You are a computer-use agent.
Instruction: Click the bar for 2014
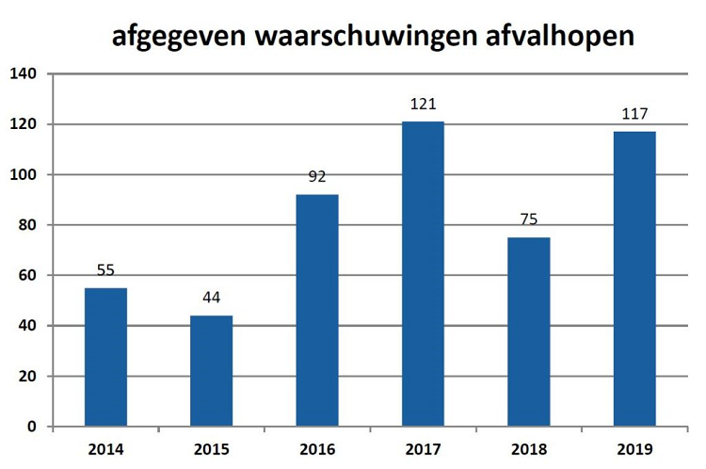105,357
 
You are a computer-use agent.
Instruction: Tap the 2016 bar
317,310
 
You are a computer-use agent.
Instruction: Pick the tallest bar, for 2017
423,273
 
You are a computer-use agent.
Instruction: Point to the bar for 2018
528,332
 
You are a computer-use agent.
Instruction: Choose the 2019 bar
634,279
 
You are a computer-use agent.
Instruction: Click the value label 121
423,105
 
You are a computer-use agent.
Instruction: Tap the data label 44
211,299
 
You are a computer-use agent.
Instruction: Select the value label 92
317,177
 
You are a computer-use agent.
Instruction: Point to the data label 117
634,115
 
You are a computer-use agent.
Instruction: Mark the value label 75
528,220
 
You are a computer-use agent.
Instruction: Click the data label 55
105,271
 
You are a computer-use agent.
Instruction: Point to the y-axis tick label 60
25,276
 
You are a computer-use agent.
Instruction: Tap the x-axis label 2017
423,449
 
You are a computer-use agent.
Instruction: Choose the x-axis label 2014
105,449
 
